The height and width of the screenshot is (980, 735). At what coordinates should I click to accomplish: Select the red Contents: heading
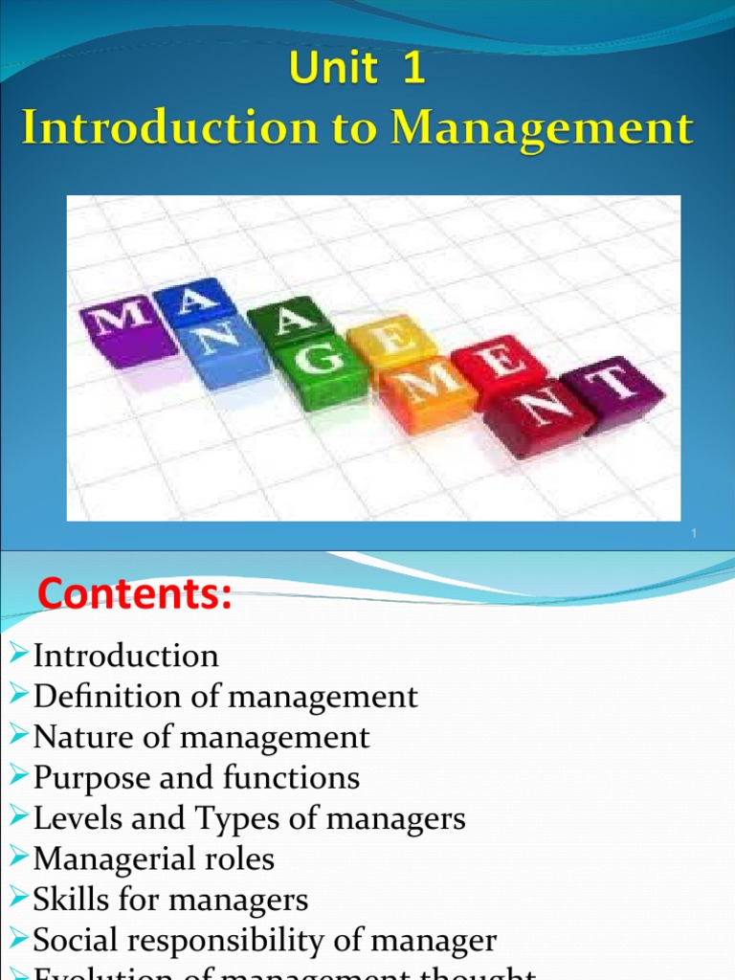point(135,595)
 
